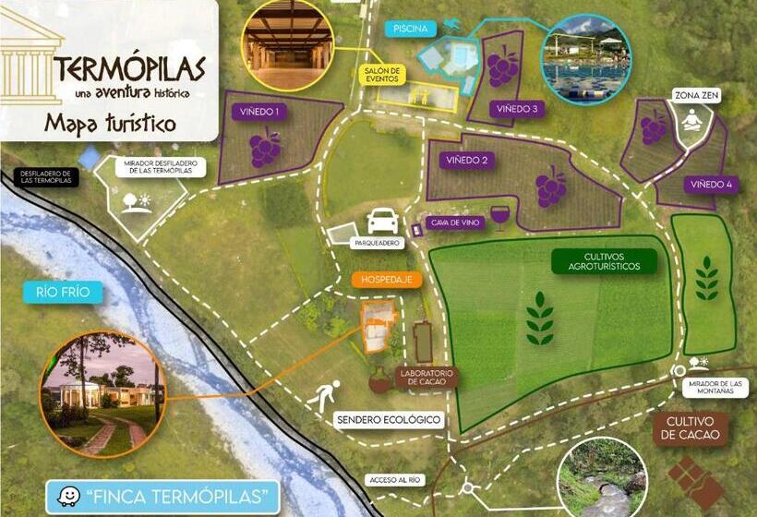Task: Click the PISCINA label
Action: pyautogui.click(x=409, y=29)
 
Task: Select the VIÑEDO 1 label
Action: pyautogui.click(x=260, y=112)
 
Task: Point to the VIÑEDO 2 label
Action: pyautogui.click(x=467, y=161)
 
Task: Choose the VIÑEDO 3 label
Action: pyautogui.click(x=516, y=109)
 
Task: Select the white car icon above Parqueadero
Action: pyautogui.click(x=383, y=221)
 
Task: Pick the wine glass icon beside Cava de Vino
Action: pyautogui.click(x=499, y=217)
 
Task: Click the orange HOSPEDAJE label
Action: pyautogui.click(x=387, y=278)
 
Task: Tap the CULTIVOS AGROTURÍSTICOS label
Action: pyautogui.click(x=605, y=261)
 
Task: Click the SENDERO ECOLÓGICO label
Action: pyautogui.click(x=389, y=420)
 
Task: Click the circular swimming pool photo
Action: pyautogui.click(x=586, y=58)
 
